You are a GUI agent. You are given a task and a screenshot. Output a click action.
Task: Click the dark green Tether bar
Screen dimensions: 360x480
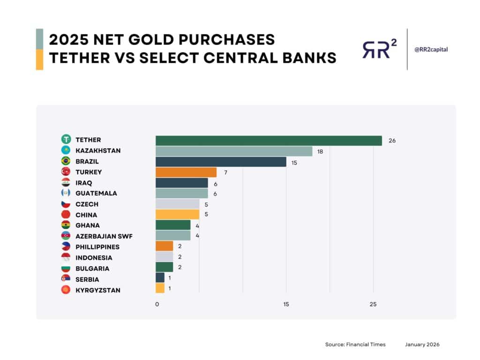pos(269,140)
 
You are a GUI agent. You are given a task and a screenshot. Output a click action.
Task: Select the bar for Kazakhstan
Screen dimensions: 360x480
pos(234,151)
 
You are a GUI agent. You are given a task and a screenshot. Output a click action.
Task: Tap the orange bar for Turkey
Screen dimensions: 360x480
pos(186,172)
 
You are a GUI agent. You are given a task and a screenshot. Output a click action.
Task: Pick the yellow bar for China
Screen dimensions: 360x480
pos(177,215)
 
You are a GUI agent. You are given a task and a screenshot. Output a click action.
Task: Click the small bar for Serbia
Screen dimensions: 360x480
pos(160,279)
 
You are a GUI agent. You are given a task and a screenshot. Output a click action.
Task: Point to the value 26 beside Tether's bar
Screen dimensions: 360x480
pos(392,140)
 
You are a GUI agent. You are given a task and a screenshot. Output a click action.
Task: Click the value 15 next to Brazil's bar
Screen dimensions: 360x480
pos(294,162)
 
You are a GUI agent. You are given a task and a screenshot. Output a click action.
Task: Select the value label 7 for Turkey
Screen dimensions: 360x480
pos(225,172)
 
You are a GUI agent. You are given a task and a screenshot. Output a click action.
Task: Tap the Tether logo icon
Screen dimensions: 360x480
pos(66,140)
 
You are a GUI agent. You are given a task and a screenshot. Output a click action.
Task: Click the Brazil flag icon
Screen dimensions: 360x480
pos(66,161)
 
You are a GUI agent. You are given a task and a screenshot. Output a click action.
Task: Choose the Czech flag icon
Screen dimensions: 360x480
pos(66,204)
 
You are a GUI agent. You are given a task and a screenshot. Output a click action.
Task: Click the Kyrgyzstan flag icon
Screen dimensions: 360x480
pos(66,290)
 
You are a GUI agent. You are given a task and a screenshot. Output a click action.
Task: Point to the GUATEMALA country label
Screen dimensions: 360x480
pos(96,194)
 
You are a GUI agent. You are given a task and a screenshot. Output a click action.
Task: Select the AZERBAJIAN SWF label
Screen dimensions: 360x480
pos(104,236)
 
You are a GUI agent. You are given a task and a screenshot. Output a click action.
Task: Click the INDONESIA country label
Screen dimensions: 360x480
pos(94,258)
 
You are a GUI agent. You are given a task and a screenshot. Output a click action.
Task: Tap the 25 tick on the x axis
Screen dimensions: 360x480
pos(373,304)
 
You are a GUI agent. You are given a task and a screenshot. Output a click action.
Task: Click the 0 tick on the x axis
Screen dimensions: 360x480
pos(157,304)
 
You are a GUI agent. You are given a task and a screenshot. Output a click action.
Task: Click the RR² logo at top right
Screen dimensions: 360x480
pos(379,49)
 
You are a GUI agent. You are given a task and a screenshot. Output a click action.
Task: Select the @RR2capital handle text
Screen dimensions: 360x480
pos(431,49)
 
